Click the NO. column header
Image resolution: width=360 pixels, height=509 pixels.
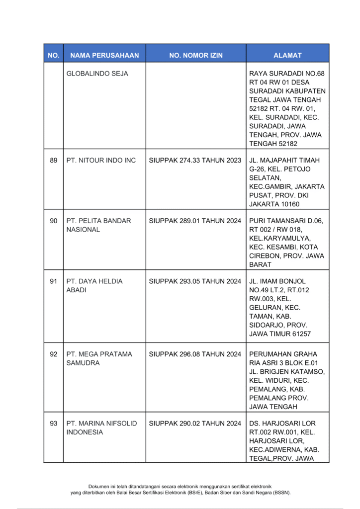coord(53,55)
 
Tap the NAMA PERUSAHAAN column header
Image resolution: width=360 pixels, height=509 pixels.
coord(104,55)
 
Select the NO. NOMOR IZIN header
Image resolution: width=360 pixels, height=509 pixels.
coord(196,55)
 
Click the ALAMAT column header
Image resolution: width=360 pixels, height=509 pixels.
coord(287,55)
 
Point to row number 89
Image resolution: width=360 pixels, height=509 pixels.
coord(54,161)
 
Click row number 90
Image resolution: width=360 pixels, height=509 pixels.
coord(54,221)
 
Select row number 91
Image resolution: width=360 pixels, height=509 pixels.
coord(54,281)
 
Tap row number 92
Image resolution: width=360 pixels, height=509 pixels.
coord(54,354)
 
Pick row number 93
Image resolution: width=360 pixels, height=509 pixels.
coord(54,424)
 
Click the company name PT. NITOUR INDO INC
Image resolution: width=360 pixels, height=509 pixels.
coord(101,161)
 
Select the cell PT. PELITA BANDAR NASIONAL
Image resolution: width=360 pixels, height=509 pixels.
coord(98,225)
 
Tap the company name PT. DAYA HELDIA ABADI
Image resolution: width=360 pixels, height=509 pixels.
coord(94,286)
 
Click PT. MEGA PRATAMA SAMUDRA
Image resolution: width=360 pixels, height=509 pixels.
coord(99,359)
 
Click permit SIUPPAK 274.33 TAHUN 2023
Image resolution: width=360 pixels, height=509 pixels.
coord(195,161)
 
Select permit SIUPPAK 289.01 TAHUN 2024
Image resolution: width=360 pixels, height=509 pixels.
coord(195,221)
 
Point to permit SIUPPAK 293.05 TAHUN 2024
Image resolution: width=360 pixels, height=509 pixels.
coord(195,281)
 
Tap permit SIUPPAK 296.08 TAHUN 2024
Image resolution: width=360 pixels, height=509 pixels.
coord(195,354)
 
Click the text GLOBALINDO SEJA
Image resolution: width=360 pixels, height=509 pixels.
coord(97,74)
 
